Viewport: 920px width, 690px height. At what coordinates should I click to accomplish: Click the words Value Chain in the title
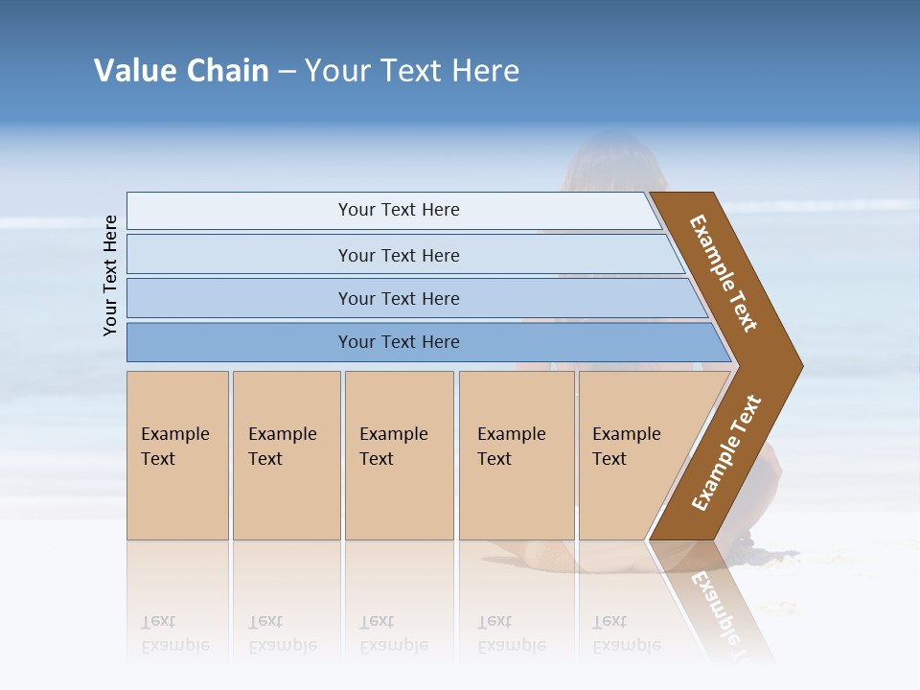[181, 71]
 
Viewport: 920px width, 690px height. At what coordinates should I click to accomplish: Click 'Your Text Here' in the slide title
[412, 71]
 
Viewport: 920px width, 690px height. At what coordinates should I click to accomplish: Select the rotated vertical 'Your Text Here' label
[111, 275]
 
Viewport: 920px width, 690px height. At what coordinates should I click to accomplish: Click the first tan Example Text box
[177, 455]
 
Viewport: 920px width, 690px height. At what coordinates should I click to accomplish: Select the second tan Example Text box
[286, 455]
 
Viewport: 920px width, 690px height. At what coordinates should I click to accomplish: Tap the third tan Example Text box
[398, 455]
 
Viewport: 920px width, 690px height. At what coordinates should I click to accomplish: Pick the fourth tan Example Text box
[516, 455]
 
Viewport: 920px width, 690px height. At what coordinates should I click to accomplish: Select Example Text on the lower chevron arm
[725, 453]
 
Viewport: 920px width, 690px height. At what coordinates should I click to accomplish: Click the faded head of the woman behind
[613, 163]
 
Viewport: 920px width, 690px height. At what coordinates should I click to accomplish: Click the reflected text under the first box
[175, 633]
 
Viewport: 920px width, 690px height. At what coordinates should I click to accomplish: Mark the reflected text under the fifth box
[627, 633]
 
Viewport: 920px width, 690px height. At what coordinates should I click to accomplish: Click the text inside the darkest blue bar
[399, 342]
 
